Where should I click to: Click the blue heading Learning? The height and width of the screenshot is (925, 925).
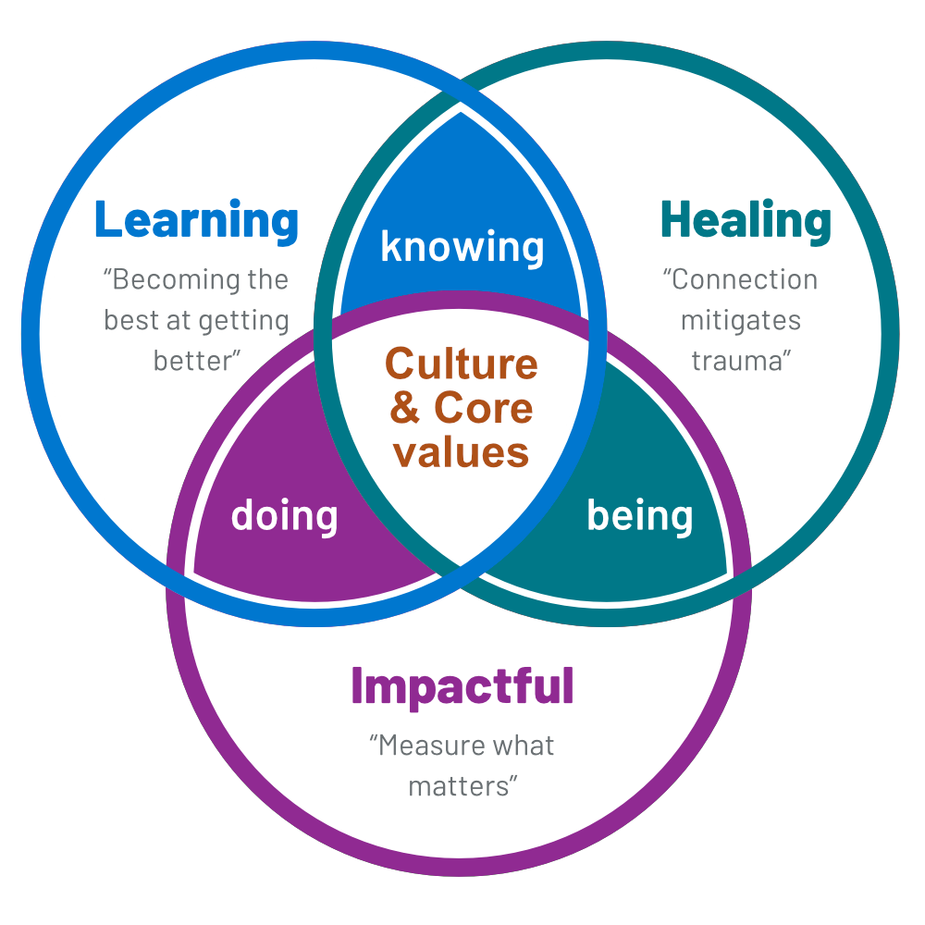[x=196, y=220]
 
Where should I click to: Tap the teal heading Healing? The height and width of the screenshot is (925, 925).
[x=746, y=220]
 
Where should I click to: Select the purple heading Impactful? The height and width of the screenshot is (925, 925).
[x=462, y=686]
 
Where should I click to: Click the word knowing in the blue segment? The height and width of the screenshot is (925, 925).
[x=462, y=247]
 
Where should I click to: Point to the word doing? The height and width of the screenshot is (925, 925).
[x=284, y=514]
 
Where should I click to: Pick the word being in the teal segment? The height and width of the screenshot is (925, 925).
[x=640, y=514]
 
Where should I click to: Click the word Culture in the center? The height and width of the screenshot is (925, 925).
[x=462, y=364]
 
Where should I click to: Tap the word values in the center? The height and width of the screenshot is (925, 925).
[x=462, y=452]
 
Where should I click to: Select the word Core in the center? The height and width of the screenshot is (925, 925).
[x=484, y=408]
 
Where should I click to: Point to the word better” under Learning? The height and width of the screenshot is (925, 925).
[x=192, y=360]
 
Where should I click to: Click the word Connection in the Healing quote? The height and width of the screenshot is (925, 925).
[x=746, y=279]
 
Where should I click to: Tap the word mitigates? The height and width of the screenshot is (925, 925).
[x=741, y=320]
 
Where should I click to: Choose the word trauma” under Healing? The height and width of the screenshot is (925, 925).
[x=741, y=360]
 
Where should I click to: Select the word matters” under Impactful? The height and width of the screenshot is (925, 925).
[x=462, y=786]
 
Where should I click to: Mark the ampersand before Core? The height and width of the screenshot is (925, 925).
[x=405, y=408]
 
